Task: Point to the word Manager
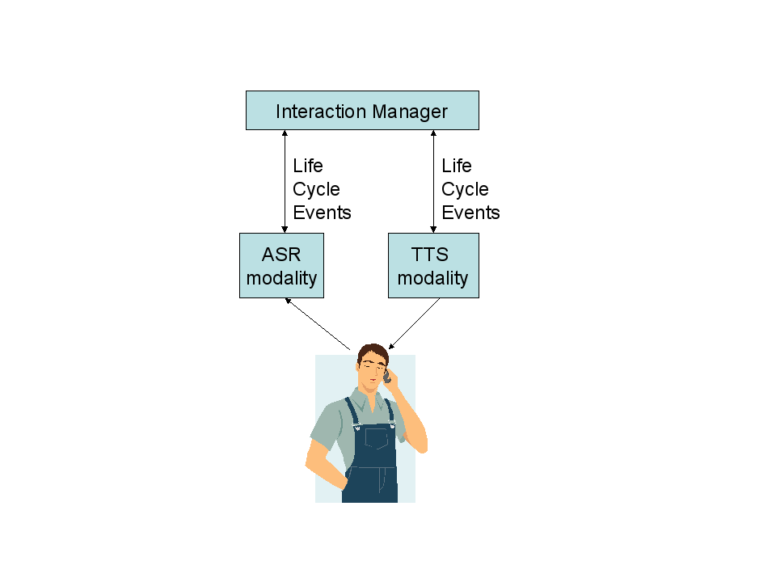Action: click(x=409, y=112)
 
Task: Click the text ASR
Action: click(x=281, y=255)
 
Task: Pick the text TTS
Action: click(x=430, y=255)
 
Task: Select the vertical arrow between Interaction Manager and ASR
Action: click(x=285, y=182)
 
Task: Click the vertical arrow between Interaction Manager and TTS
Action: click(x=433, y=182)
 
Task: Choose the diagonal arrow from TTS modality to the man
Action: click(x=415, y=323)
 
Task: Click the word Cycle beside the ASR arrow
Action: click(x=316, y=190)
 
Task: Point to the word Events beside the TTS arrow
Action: click(x=470, y=213)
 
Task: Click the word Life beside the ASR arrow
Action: click(x=308, y=167)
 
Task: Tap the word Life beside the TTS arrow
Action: click(x=457, y=167)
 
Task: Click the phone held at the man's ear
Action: click(x=386, y=374)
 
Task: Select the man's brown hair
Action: click(x=373, y=353)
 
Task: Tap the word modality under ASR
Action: click(x=281, y=278)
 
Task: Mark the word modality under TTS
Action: click(x=432, y=278)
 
